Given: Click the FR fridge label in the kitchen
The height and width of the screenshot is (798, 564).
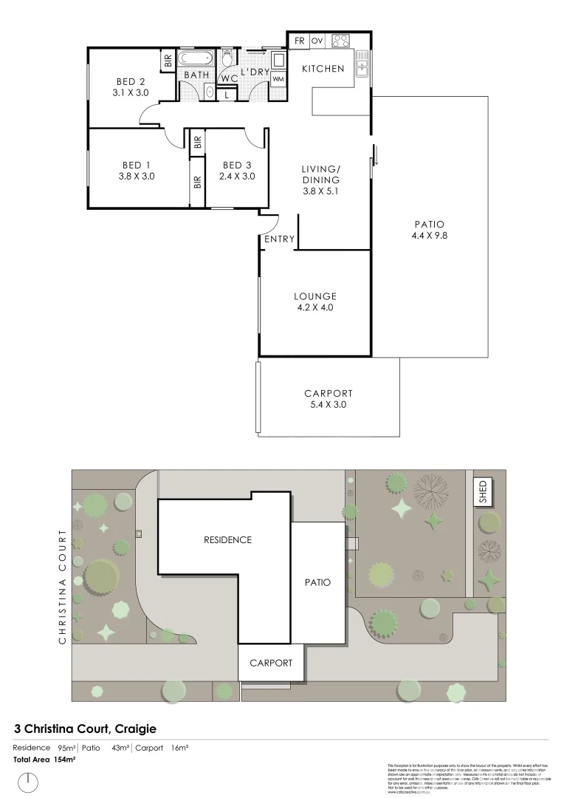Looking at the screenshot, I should pyautogui.click(x=300, y=41).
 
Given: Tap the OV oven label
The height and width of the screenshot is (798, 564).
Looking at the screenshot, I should pyautogui.click(x=317, y=41).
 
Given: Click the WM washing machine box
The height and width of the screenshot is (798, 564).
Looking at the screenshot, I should pyautogui.click(x=278, y=79).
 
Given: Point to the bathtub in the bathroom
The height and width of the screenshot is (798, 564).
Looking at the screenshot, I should pyautogui.click(x=196, y=58).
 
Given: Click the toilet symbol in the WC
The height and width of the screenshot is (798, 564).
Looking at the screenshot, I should pyautogui.click(x=228, y=58).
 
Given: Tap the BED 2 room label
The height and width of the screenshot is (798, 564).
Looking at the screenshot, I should pyautogui.click(x=130, y=81).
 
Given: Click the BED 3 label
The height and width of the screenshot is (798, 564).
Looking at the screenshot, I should pyautogui.click(x=236, y=165).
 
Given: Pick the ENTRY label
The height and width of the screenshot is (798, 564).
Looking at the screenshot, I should pyautogui.click(x=279, y=239).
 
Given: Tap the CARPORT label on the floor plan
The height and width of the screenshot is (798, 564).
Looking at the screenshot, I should pyautogui.click(x=328, y=393).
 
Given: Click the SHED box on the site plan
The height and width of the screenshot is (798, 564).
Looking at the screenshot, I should pyautogui.click(x=484, y=491).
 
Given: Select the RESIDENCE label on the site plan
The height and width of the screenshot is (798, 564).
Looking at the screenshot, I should pyautogui.click(x=227, y=540).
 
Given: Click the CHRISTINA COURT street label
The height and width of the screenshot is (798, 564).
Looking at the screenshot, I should pyautogui.click(x=63, y=585).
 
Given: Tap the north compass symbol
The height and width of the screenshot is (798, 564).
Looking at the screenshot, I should pyautogui.click(x=28, y=780).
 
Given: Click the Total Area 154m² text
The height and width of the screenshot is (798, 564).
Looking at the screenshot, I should pyautogui.click(x=44, y=760).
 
